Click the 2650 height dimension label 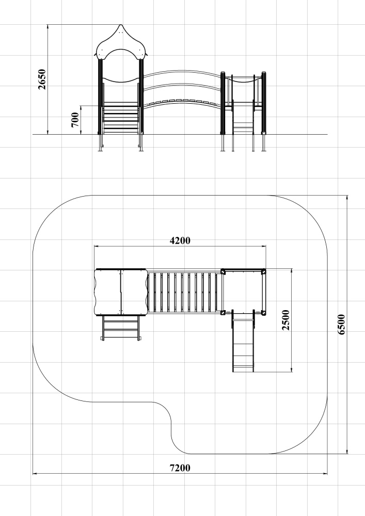tap(42, 79)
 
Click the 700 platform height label tap(75, 120)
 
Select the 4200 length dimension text tap(180, 240)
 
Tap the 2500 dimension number tap(285, 320)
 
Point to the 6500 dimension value tap(342, 325)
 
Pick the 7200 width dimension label tap(180, 467)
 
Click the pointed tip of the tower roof tap(121, 25)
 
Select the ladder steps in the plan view tap(121, 328)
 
